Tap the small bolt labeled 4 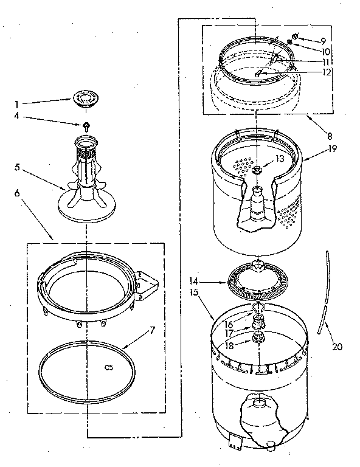click(86, 126)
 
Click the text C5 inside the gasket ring click(109, 367)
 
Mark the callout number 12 click(327, 72)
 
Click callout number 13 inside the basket click(280, 158)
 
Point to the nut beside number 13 click(258, 169)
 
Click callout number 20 click(337, 348)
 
